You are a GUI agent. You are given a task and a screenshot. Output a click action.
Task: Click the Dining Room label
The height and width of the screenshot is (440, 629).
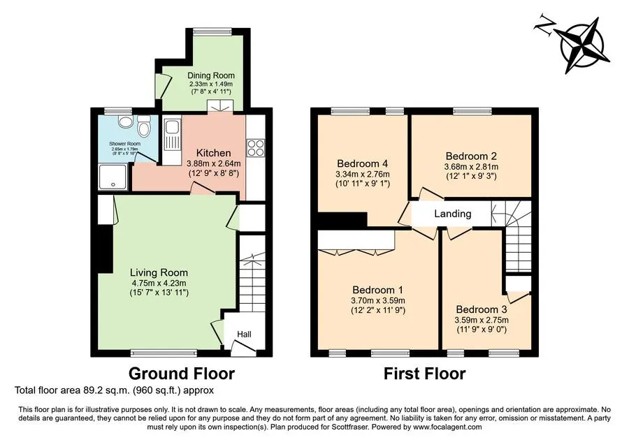coord(211,75)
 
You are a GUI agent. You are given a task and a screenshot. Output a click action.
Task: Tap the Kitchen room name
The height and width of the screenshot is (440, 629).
coord(213,153)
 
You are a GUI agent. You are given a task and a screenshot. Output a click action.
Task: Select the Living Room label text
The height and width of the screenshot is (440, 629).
coord(159,272)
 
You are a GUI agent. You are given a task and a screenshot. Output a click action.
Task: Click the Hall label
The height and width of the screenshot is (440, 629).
coord(245,335)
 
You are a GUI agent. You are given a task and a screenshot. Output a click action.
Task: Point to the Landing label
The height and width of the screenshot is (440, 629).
coord(452,214)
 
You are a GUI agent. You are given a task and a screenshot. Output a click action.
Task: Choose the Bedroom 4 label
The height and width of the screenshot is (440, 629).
coord(363,163)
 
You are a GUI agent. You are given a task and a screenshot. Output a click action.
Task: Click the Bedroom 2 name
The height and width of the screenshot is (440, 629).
coord(471,156)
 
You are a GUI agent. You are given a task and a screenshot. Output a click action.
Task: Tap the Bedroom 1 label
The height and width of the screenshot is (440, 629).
coord(378,290)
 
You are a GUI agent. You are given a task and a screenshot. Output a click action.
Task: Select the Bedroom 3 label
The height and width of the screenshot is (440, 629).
coord(482,309)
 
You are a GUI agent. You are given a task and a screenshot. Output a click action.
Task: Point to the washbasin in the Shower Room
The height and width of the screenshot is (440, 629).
coord(125,122)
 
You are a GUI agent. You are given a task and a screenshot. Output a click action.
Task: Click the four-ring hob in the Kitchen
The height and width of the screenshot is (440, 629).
coord(256,147)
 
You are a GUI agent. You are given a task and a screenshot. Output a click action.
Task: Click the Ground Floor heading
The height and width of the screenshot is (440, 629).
coord(181,374)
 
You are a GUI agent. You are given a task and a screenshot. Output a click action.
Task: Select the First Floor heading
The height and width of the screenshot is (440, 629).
coord(425,374)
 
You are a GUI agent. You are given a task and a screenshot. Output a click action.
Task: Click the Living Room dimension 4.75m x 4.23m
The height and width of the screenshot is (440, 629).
coord(159,283)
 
